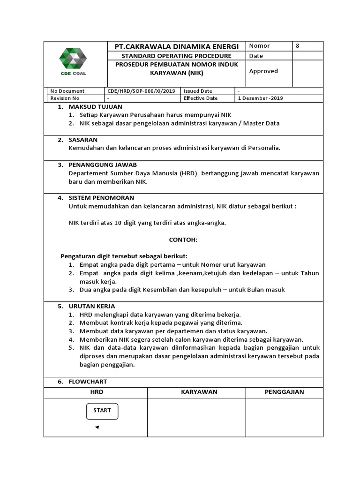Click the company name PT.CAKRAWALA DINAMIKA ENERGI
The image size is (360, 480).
pyautogui.click(x=177, y=46)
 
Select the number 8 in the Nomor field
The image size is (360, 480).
pyautogui.click(x=297, y=46)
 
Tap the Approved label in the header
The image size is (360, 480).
pyautogui.click(x=263, y=71)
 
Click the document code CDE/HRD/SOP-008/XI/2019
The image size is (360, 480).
pyautogui.click(x=141, y=91)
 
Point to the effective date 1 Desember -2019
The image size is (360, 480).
pyautogui.click(x=260, y=98)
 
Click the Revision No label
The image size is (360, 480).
pyautogui.click(x=65, y=98)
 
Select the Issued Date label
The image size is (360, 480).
pyautogui.click(x=198, y=91)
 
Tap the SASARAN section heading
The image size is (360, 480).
pyautogui.click(x=83, y=140)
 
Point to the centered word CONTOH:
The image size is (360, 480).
pyautogui.click(x=183, y=240)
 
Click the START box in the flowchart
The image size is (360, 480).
pyautogui.click(x=102, y=411)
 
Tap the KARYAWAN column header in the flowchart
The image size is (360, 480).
pyautogui.click(x=199, y=392)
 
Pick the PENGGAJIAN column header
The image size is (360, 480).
pyautogui.click(x=284, y=392)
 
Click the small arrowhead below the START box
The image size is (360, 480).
pyautogui.click(x=97, y=427)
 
